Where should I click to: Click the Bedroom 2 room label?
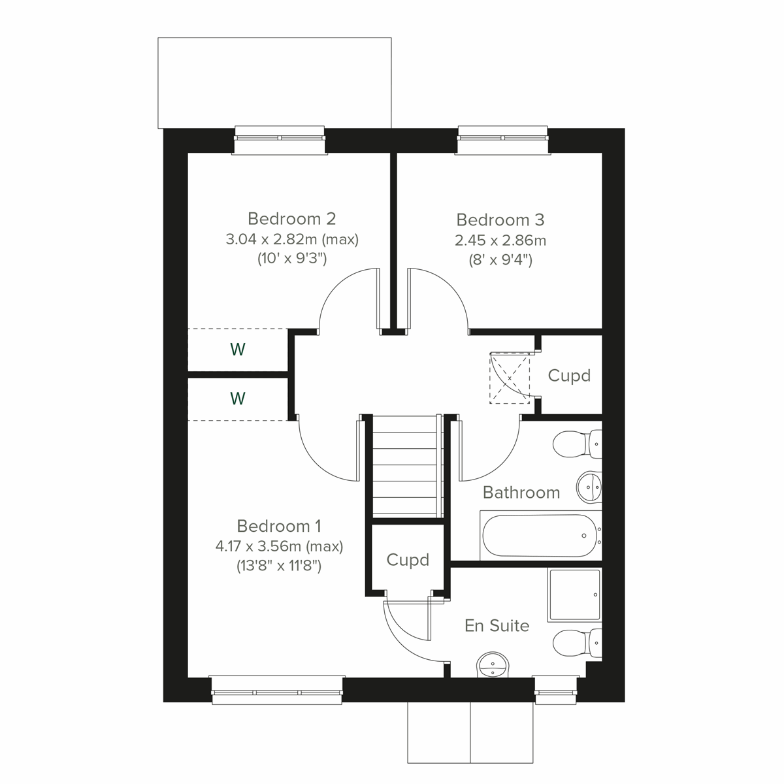(291, 218)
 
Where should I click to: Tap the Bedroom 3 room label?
(500, 220)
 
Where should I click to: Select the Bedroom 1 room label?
(279, 526)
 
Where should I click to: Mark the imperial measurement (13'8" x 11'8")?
(279, 566)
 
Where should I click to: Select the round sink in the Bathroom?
(589, 486)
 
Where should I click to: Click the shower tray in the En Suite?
(574, 595)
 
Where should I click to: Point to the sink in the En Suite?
(491, 665)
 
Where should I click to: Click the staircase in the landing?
(404, 467)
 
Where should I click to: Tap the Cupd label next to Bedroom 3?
(569, 376)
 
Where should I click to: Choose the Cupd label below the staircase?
(408, 560)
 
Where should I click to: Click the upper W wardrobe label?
(238, 350)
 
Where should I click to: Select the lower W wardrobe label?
(238, 398)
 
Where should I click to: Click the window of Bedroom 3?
(503, 140)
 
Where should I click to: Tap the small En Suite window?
(555, 689)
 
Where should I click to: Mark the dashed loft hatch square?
(510, 378)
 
